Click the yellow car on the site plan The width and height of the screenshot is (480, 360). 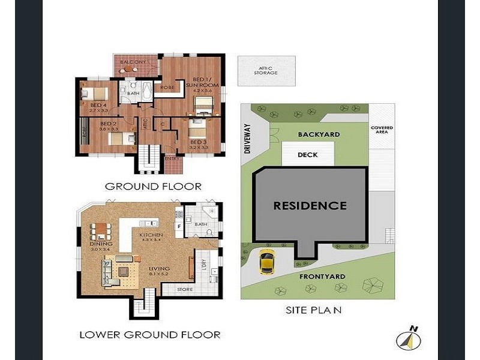pos(266,262)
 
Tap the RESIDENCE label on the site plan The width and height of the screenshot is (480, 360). pos(310,205)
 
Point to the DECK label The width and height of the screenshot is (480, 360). pos(308,155)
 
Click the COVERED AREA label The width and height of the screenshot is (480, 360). pos(382,129)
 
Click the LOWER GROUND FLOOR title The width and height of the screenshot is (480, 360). pos(149,334)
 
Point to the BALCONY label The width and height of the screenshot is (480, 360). pos(132,62)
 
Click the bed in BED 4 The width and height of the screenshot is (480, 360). pos(94,94)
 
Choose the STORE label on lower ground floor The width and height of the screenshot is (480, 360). pos(185,290)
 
